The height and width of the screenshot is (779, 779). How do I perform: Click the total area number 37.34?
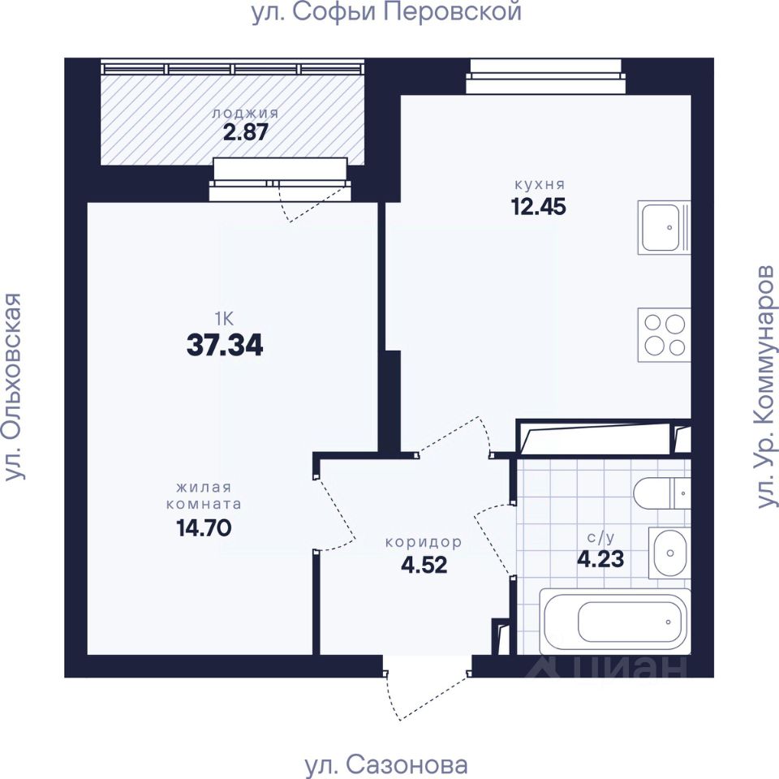point(225,346)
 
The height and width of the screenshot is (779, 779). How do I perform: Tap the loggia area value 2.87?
point(245,131)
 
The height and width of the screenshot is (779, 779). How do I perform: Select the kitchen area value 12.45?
point(539,207)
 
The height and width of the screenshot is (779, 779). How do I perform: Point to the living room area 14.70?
point(204,527)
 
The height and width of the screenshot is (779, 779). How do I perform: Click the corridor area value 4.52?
point(424,565)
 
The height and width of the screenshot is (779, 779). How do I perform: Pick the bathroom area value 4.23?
point(600,559)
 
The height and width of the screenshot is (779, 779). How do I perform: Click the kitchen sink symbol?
point(664,227)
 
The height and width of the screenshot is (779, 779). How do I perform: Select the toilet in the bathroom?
point(662,493)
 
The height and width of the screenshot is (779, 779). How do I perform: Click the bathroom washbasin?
point(669,553)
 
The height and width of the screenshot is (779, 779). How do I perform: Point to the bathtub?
point(615,622)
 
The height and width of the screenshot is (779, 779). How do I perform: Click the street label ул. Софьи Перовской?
point(386,12)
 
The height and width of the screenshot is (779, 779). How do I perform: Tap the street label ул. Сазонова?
point(386,765)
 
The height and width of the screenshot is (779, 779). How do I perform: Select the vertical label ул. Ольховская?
point(13,386)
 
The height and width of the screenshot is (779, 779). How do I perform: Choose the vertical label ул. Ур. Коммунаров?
point(765,386)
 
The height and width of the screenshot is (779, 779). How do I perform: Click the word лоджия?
point(245,114)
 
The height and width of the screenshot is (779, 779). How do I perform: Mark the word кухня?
point(540,185)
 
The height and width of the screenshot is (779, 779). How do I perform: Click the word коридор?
point(424,542)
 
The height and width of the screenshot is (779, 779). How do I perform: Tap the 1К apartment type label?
point(224,318)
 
